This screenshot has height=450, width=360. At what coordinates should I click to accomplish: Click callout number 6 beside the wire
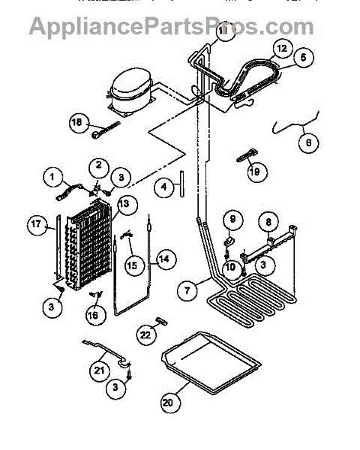click(x=305, y=139)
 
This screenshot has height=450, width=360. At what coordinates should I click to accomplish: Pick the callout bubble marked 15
click(x=131, y=264)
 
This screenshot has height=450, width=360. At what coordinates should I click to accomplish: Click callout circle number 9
click(x=232, y=220)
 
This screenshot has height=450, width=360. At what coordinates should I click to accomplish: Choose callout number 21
click(x=99, y=369)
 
